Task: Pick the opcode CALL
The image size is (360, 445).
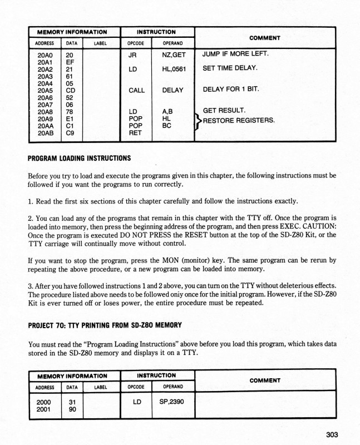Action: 136,90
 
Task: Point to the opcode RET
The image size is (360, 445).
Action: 136,133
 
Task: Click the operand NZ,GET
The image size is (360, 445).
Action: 173,55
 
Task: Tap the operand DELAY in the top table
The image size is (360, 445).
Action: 173,90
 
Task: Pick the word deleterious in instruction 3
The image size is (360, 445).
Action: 288,286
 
